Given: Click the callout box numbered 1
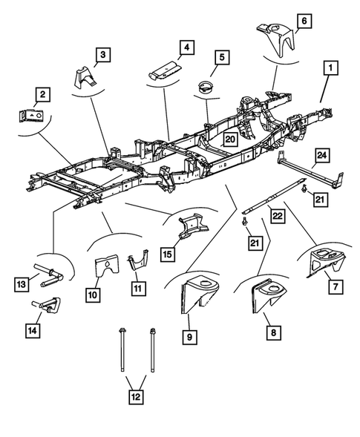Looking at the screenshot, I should (x=328, y=70).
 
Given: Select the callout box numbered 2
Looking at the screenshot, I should (x=43, y=94).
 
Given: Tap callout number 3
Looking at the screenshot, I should (x=103, y=53).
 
